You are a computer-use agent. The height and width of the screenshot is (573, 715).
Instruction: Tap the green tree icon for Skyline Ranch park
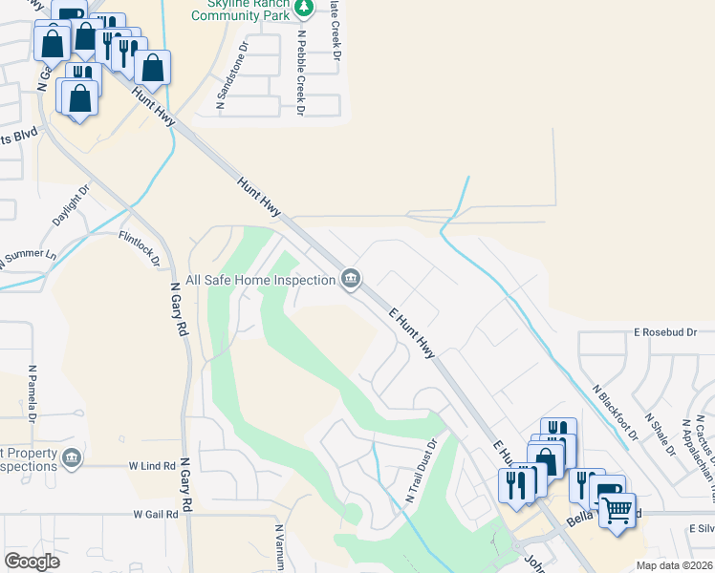click(x=304, y=8)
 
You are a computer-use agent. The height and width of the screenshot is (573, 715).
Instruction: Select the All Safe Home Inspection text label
click(x=260, y=280)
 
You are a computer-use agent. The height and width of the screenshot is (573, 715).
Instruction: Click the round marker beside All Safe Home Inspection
click(x=351, y=279)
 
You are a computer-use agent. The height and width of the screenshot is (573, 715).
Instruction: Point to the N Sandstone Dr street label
click(x=232, y=75)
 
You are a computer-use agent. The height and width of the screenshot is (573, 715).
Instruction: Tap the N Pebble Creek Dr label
click(x=300, y=73)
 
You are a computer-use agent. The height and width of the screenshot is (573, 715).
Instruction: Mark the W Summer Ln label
click(x=29, y=259)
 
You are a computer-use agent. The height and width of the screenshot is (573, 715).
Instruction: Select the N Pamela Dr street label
click(x=32, y=393)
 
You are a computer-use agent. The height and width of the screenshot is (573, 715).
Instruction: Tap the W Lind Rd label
click(x=153, y=464)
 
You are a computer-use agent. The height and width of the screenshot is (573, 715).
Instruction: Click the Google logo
click(x=32, y=562)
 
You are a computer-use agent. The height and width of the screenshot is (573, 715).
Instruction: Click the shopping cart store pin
click(x=617, y=509)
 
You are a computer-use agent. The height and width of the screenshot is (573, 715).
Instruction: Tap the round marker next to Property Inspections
click(x=71, y=459)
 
